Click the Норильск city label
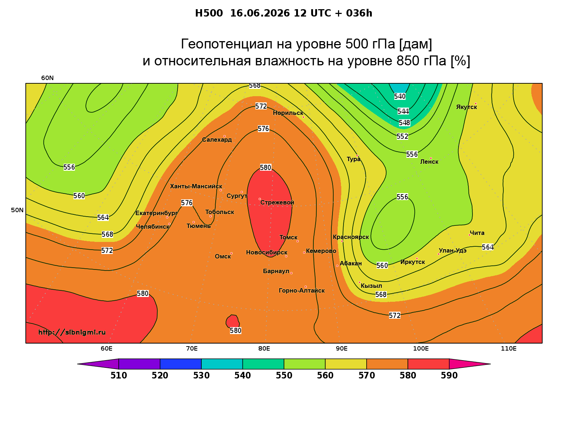(x=288, y=113)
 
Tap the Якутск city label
(x=466, y=107)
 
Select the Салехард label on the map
(x=217, y=140)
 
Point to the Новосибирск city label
(x=266, y=253)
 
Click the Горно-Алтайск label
(x=301, y=291)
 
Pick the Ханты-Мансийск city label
(x=196, y=186)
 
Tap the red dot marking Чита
(x=469, y=235)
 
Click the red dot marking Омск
(x=231, y=254)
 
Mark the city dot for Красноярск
(x=342, y=241)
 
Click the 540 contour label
(x=400, y=96)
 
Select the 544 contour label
(x=403, y=111)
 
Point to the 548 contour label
(x=404, y=123)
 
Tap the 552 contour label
(x=402, y=136)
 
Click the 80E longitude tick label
(x=264, y=348)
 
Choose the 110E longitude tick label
(x=508, y=348)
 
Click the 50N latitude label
(x=17, y=210)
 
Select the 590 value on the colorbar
(x=449, y=376)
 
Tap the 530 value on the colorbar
(x=201, y=376)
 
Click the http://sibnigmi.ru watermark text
(x=72, y=332)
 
